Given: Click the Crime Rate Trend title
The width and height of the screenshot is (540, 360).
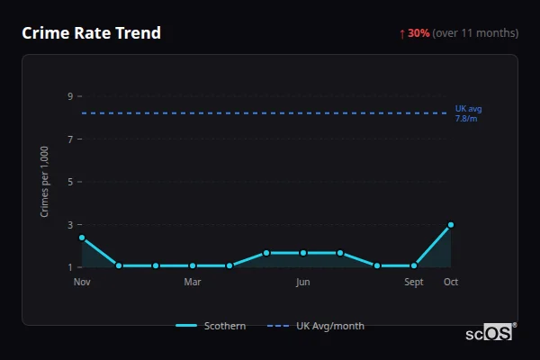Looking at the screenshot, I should pos(91,33).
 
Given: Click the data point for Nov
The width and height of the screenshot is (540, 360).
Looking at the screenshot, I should pos(82,238).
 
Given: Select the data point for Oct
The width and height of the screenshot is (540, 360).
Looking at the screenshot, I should pos(451,225).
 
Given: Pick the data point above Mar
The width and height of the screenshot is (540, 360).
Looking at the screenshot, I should pos(193,265).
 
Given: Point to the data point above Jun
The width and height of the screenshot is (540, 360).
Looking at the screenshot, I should pos(303,253).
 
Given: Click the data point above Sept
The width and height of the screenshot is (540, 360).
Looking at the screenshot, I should pos(414,265).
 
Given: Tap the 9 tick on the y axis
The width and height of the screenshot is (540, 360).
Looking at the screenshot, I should pos(69,96).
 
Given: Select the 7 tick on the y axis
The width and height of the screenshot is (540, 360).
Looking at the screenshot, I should pos(69,139).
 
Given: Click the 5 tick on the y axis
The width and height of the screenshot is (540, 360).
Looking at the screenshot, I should pos(69,182).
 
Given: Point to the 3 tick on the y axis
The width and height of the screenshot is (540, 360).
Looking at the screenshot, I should pos(69,224).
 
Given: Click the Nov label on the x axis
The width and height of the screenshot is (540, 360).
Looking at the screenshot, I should pos(82,282).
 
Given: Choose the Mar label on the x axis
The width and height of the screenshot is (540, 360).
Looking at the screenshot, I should pos(193,282).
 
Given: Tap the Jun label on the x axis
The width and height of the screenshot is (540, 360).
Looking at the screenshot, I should pos(303,282).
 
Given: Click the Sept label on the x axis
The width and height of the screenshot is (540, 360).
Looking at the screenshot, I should pos(414,282).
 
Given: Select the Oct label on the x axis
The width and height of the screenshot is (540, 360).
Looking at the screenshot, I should pos(451,282).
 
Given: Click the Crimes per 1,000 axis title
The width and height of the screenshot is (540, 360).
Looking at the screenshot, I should pos(44,183).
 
